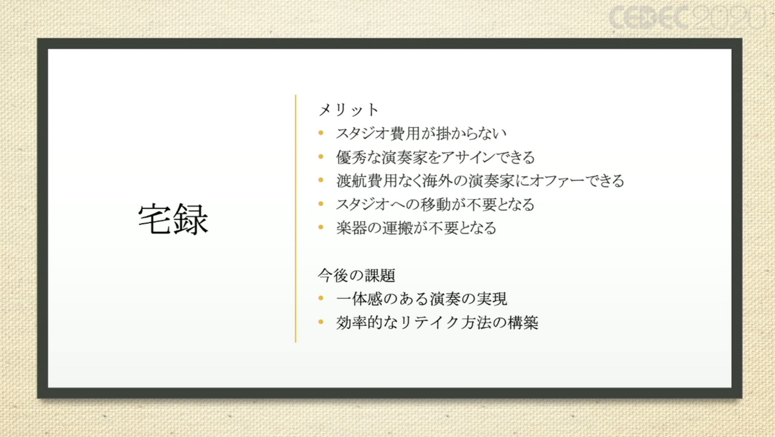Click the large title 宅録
173,219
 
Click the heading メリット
349,110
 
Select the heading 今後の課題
357,275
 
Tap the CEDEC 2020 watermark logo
687,18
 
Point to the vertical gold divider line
296,218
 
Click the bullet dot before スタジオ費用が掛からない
321,133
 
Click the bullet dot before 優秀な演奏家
321,157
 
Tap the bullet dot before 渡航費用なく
321,180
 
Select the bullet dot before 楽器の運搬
321,227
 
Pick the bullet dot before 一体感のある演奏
321,298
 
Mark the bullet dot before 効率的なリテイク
321,322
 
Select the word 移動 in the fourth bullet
435,205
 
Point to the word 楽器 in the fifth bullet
351,228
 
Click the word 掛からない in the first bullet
471,133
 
